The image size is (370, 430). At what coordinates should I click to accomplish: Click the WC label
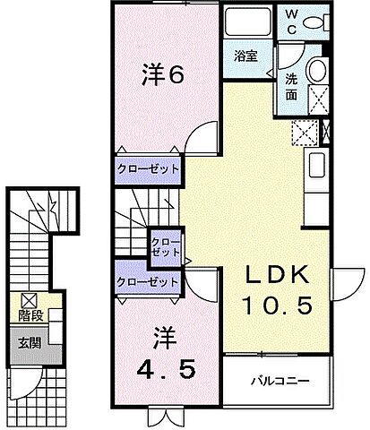click(293, 20)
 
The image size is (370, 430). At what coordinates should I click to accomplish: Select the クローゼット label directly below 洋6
click(148, 169)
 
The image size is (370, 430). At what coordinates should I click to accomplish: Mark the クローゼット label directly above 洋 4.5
click(148, 281)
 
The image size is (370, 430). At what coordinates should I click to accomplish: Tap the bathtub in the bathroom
click(246, 23)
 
